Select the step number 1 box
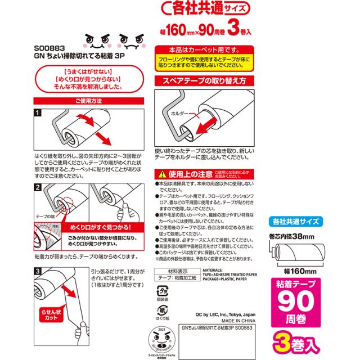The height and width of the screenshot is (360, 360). [38, 113]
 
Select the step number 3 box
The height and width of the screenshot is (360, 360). [38, 272]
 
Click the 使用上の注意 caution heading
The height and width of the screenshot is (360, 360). [190, 172]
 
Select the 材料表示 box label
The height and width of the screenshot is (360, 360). [169, 271]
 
